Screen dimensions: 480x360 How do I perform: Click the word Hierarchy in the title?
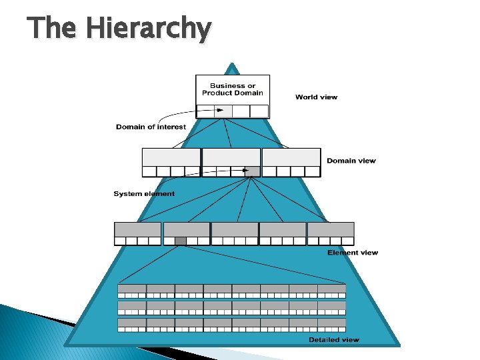click(x=149, y=29)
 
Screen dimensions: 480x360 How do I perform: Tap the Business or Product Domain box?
click(x=233, y=89)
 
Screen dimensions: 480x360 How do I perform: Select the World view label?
click(x=316, y=97)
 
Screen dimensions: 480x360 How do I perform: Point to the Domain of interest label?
click(x=151, y=127)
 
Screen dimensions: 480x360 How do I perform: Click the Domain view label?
click(x=351, y=161)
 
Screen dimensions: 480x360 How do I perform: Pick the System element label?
click(x=144, y=194)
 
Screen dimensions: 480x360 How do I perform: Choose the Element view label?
click(x=352, y=253)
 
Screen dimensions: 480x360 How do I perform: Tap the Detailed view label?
click(x=333, y=340)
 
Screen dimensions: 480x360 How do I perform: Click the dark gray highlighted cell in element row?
click(x=180, y=241)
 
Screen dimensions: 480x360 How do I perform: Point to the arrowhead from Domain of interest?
click(x=219, y=111)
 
